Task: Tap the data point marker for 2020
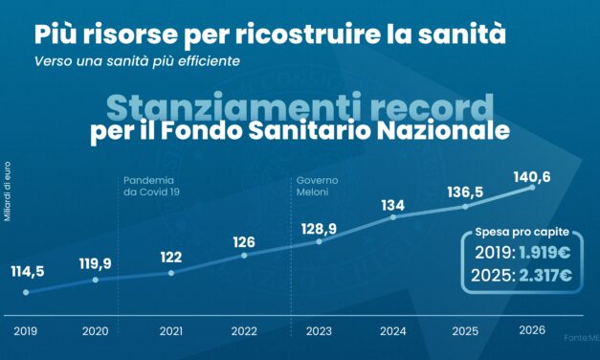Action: click(x=96, y=281)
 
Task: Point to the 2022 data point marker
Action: click(x=244, y=255)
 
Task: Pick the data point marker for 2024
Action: click(x=393, y=217)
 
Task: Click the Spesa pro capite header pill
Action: click(x=522, y=233)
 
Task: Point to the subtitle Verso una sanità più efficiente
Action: click(x=138, y=60)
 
